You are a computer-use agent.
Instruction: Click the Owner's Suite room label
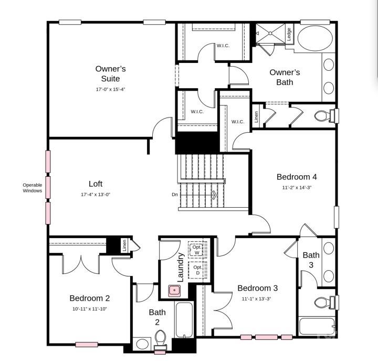[110, 74]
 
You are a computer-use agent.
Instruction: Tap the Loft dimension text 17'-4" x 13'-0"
[96, 195]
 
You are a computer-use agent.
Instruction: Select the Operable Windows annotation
[32, 187]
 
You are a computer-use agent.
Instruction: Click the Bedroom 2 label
[89, 298]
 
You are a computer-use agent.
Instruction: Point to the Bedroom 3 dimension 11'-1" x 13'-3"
[257, 298]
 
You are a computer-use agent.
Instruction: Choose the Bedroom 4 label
[296, 177]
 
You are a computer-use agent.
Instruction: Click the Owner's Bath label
[285, 77]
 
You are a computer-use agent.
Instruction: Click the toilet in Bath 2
[161, 339]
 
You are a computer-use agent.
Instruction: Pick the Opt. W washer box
[196, 250]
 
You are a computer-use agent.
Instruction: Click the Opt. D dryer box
[197, 270]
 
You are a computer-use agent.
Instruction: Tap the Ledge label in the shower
[289, 34]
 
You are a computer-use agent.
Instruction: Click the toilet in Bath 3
[324, 303]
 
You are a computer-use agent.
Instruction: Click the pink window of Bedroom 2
[86, 345]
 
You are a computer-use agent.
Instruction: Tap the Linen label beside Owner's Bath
[256, 116]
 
